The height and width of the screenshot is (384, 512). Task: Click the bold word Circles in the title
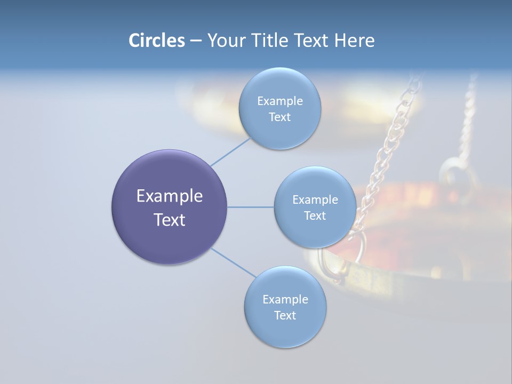click(156, 41)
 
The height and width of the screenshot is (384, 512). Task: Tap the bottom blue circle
click(285, 331)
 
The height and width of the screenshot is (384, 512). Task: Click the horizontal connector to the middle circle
click(251, 207)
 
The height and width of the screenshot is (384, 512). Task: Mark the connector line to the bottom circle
click(234, 262)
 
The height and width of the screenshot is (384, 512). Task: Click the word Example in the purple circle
click(170, 196)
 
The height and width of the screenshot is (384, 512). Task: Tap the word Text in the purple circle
click(170, 220)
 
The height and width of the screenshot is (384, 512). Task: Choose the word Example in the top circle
click(280, 101)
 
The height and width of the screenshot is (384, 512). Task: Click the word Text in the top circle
click(279, 117)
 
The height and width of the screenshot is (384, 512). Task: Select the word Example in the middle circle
click(315, 200)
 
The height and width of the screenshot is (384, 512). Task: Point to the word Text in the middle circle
click(315, 216)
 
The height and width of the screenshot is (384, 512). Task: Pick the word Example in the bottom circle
click(285, 300)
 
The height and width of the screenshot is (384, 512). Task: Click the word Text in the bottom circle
click(285, 316)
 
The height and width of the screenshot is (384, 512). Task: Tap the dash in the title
click(196, 41)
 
